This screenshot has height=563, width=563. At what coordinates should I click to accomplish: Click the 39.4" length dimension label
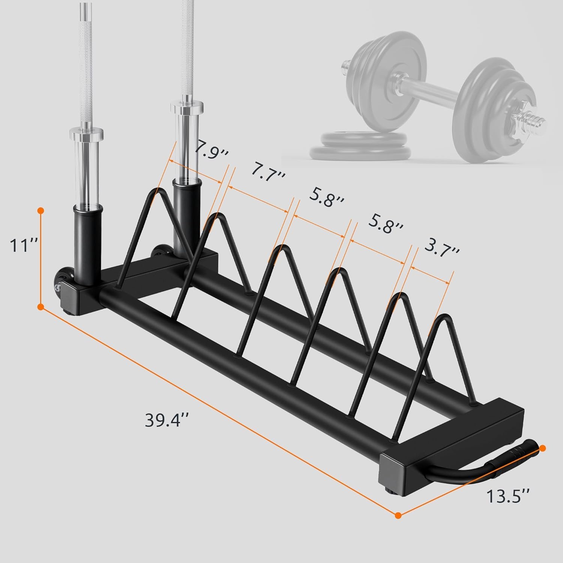point(167,420)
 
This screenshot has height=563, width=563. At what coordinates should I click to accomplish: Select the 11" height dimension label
point(23,247)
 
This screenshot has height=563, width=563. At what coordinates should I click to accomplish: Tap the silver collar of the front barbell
point(87,133)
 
